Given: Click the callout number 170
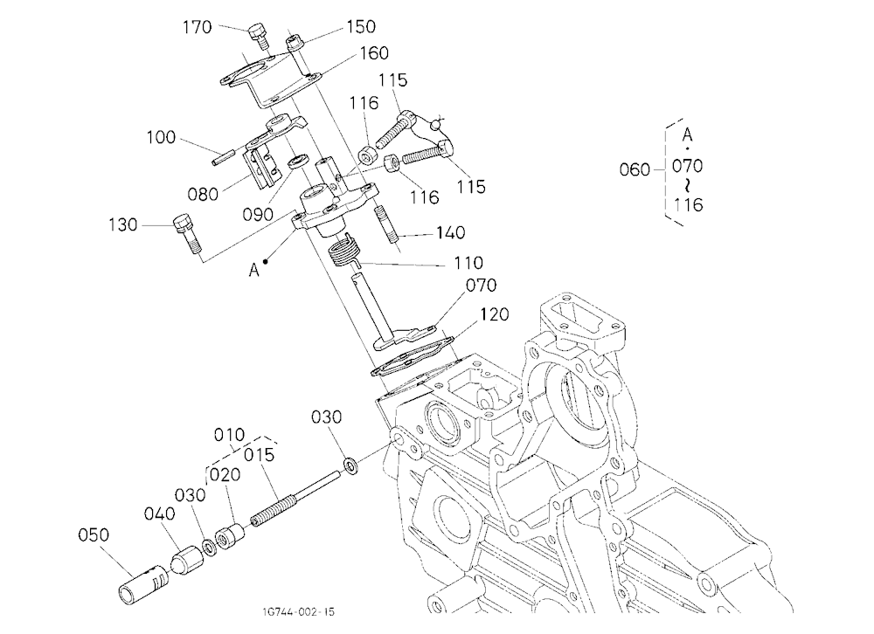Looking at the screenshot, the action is coord(198,27).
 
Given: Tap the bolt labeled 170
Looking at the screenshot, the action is coord(258,36).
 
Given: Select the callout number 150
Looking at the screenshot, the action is coord(361,26).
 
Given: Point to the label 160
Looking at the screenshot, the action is coord(374,53).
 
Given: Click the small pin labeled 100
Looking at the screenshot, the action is coord(224,156).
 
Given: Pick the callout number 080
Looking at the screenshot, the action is coord(203,194).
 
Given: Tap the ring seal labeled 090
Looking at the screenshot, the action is coord(298,161).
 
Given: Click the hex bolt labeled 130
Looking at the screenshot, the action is coord(187,233).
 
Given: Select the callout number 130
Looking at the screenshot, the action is coord(122,224).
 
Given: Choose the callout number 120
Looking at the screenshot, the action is coord(494,314).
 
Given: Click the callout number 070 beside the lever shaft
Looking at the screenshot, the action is coord(481,286).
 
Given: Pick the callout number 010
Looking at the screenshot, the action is coord(230,435).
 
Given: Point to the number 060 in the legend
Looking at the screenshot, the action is coord(635,169).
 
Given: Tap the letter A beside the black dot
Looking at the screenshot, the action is coord(254,270).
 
